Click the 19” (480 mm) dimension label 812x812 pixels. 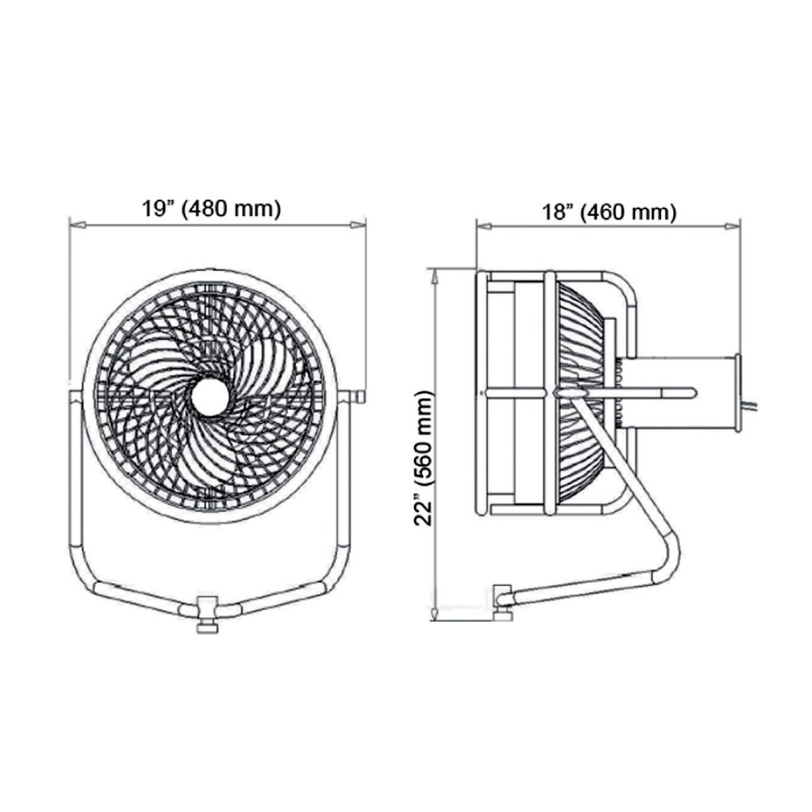[211, 209]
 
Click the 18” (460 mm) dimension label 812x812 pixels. [609, 212]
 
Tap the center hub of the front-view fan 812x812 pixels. [209, 397]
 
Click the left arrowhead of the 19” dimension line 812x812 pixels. [76, 225]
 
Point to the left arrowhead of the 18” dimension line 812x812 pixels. [484, 227]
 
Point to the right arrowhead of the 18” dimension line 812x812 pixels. [732, 227]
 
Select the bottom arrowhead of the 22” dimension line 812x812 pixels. [435, 614]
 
